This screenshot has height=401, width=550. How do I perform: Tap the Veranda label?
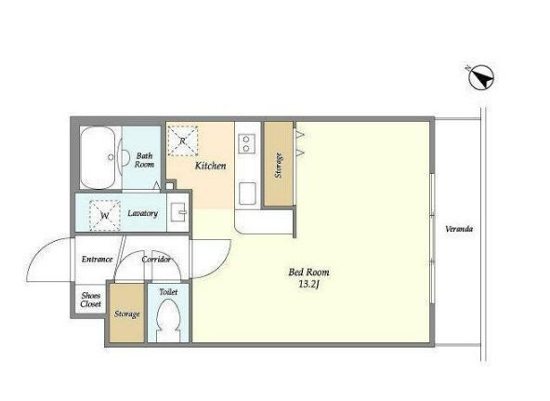click(x=459, y=229)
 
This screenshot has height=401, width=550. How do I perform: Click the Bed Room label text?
click(x=308, y=272)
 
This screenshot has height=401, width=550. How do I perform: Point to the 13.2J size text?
click(x=308, y=285)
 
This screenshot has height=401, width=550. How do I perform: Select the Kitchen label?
click(x=211, y=166)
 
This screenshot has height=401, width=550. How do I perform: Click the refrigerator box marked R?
click(x=183, y=140)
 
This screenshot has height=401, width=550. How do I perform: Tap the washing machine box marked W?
click(x=105, y=216)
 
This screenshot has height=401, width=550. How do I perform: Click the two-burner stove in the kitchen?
click(x=246, y=143)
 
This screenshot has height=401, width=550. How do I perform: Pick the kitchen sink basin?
click(x=247, y=194)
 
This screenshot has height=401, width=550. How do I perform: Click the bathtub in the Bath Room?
click(x=98, y=157)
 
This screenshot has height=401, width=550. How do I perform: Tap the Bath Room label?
click(x=145, y=160)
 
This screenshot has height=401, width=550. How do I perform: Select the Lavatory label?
click(x=143, y=213)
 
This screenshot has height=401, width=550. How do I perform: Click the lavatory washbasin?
click(x=178, y=212)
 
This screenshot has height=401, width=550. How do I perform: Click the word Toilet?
click(x=168, y=291)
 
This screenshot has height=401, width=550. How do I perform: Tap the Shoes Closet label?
click(x=91, y=300)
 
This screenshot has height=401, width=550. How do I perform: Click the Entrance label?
click(x=98, y=260)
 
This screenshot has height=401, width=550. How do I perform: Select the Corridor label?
click(x=156, y=260)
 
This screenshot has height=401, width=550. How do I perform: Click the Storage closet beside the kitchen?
click(x=279, y=164)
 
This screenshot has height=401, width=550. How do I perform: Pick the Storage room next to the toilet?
click(x=127, y=313)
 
